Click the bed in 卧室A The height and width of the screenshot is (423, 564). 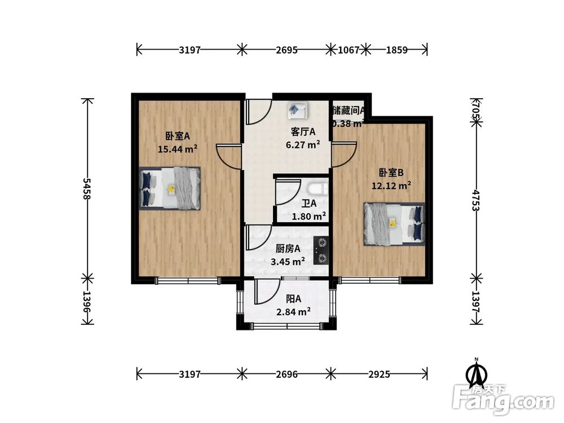click(x=170, y=188)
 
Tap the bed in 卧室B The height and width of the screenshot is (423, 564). click(x=394, y=224)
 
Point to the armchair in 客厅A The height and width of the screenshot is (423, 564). click(x=297, y=110)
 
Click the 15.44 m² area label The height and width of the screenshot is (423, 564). click(x=178, y=149)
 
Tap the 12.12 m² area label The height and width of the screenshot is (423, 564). click(x=391, y=185)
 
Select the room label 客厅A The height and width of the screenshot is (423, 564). click(x=303, y=132)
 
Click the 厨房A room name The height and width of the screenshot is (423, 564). click(x=288, y=249)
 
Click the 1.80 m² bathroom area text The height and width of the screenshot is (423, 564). click(x=309, y=216)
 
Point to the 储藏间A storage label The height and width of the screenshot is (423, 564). click(x=349, y=111)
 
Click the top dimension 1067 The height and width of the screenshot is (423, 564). click(x=349, y=50)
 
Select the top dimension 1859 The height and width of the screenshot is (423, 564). click(x=396, y=50)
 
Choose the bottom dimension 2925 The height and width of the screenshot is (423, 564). click(x=379, y=373)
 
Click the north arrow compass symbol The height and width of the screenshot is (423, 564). click(x=477, y=373)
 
